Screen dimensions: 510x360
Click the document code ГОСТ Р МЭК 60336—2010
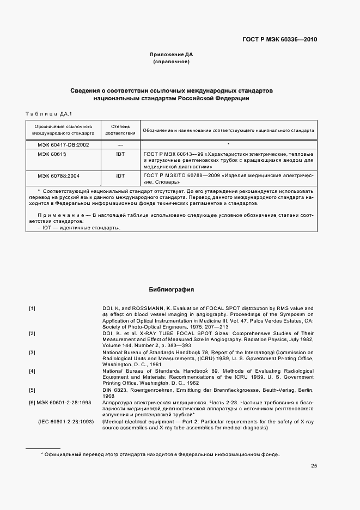(x=279, y=40)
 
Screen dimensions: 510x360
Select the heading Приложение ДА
(x=172, y=54)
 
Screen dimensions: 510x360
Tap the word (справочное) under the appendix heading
(x=172, y=62)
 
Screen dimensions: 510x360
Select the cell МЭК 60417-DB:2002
(x=63, y=144)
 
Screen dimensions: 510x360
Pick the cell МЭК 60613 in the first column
(x=52, y=154)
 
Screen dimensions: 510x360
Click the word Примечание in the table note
(x=60, y=216)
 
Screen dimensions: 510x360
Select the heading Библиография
(x=172, y=290)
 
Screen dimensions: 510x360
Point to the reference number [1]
(x=32, y=308)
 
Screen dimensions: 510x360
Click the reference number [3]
(x=32, y=353)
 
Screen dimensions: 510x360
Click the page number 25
(x=314, y=465)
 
